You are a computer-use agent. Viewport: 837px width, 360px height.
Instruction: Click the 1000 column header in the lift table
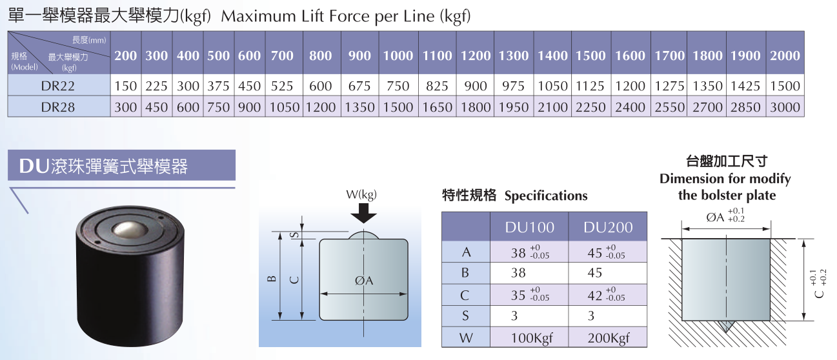click(x=398, y=56)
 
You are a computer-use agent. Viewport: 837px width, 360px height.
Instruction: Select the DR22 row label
click(x=59, y=86)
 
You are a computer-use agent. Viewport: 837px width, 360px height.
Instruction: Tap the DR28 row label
click(x=59, y=107)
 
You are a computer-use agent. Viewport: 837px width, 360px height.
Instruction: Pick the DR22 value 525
click(x=282, y=86)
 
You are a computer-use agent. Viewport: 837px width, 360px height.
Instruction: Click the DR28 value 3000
click(x=785, y=107)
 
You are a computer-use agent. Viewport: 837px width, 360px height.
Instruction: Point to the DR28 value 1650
click(x=438, y=107)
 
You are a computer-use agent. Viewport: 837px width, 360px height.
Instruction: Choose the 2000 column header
click(x=785, y=56)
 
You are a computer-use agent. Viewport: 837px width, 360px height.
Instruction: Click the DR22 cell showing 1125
click(x=590, y=86)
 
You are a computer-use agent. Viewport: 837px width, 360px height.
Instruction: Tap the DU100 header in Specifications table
click(x=530, y=227)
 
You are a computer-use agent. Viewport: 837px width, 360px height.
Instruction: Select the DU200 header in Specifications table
click(x=608, y=227)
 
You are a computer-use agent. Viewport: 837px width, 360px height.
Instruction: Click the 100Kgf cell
click(x=530, y=337)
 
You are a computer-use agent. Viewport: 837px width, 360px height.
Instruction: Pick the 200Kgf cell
click(x=608, y=337)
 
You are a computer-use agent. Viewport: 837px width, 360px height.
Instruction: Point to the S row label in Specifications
click(x=466, y=316)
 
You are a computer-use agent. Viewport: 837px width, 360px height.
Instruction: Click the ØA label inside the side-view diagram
click(x=365, y=281)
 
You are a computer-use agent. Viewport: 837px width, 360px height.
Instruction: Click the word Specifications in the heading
click(x=546, y=195)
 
